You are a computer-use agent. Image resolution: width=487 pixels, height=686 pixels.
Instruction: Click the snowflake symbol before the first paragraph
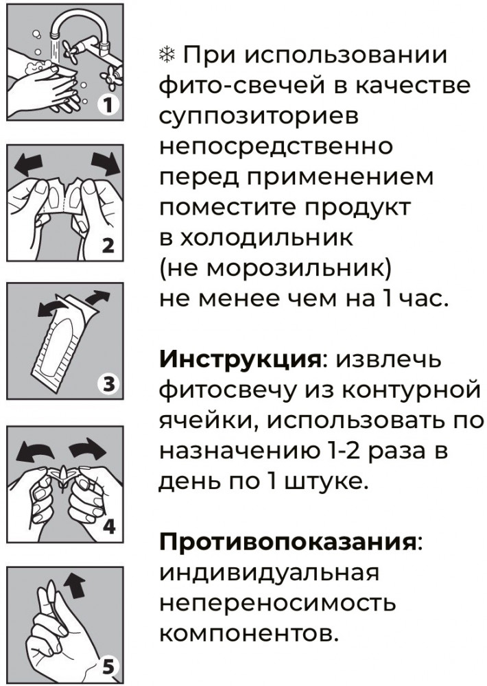[x=166, y=56]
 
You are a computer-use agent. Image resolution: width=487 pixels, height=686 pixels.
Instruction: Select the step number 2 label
[x=108, y=246]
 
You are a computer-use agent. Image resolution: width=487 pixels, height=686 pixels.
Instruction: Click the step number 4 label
[x=109, y=526]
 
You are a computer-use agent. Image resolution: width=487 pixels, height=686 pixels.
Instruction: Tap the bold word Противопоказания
[x=287, y=543]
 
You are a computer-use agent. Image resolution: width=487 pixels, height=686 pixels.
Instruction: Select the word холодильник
[x=261, y=239]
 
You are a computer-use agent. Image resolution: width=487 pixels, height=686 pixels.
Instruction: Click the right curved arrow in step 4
[x=88, y=449]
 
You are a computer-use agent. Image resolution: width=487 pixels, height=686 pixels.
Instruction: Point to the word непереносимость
[x=277, y=604]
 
